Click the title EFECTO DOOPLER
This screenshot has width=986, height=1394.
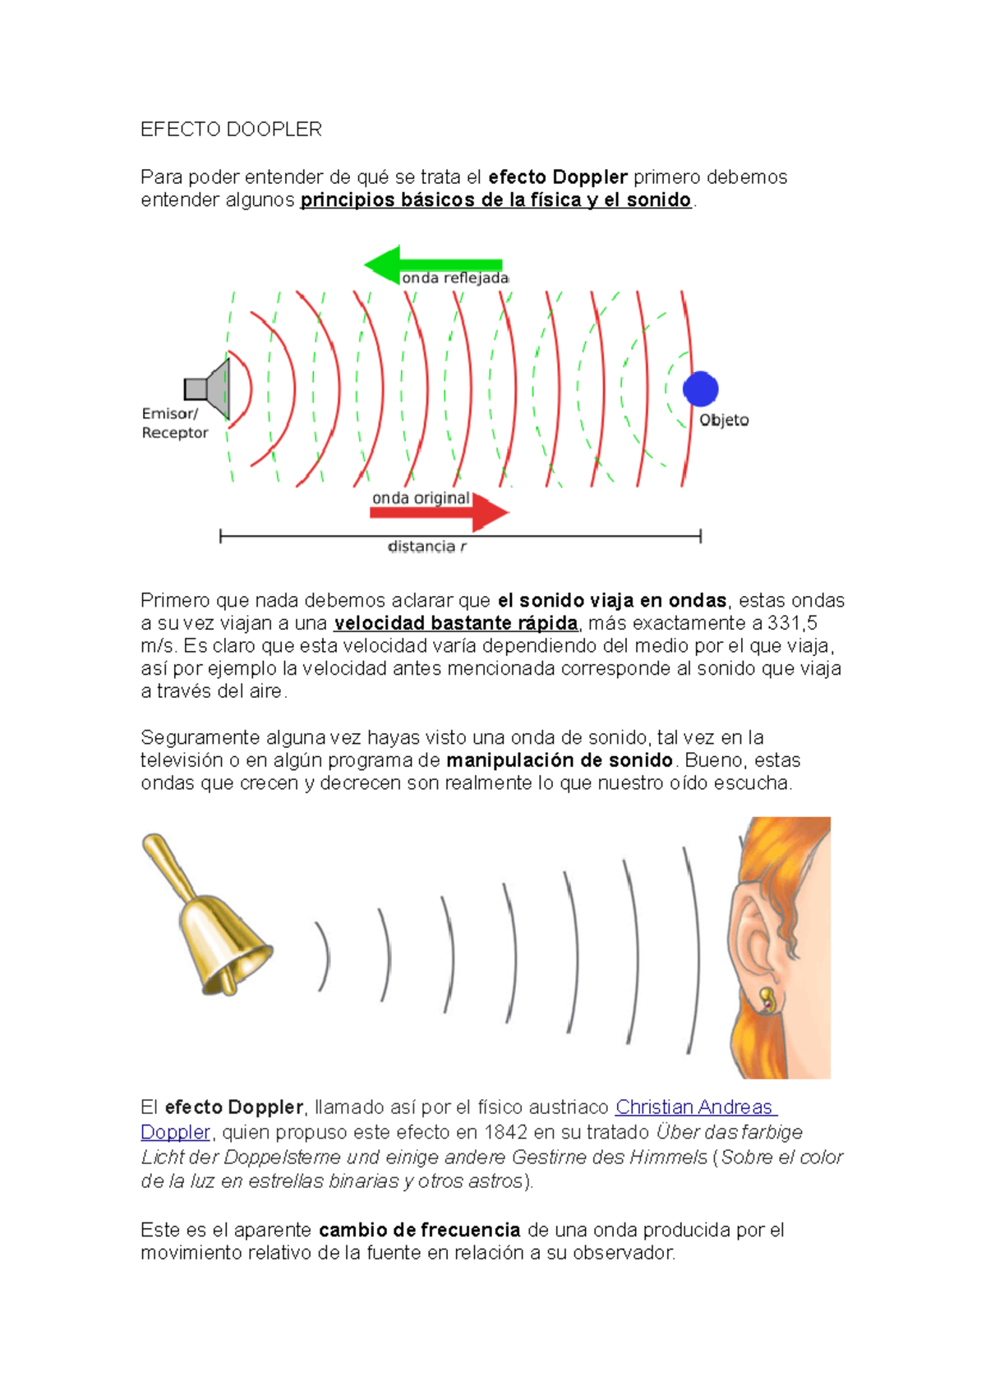click(x=231, y=130)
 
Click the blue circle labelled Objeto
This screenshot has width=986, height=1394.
click(x=700, y=388)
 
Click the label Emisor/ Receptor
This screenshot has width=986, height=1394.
click(x=174, y=423)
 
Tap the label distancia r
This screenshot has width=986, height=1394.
click(x=427, y=547)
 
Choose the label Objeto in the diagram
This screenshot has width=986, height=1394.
click(x=724, y=420)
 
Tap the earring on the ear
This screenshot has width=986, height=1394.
click(x=767, y=1000)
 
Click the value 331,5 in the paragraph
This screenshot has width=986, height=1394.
click(x=792, y=623)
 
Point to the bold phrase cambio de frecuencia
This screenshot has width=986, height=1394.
click(x=419, y=1230)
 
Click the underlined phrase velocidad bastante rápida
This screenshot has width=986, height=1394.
click(x=456, y=623)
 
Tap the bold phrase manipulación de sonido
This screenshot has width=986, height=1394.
click(x=560, y=760)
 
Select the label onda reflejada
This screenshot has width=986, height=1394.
click(x=455, y=278)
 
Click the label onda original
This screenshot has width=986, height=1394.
click(x=421, y=498)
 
